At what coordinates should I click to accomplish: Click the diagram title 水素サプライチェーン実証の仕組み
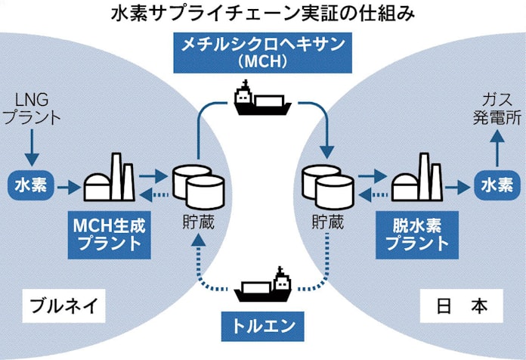[262, 14]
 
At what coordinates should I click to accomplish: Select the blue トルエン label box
[262, 327]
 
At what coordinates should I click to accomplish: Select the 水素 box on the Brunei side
[30, 185]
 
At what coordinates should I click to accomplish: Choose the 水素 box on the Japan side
[496, 185]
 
